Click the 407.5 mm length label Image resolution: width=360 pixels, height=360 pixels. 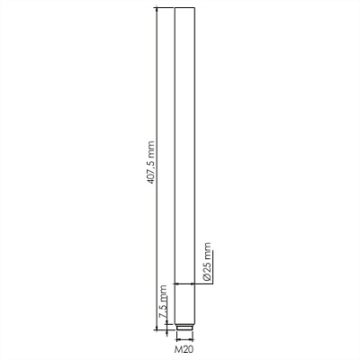[x=151, y=162]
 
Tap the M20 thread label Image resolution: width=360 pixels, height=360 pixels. [x=184, y=349]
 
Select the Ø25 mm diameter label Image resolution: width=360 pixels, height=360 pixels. [x=207, y=261]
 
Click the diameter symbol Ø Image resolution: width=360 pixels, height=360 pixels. [x=207, y=277]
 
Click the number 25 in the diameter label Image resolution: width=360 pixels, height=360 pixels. [x=207, y=268]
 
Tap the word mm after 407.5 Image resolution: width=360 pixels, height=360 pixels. [x=151, y=148]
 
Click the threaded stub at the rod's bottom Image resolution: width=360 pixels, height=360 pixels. [x=184, y=327]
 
